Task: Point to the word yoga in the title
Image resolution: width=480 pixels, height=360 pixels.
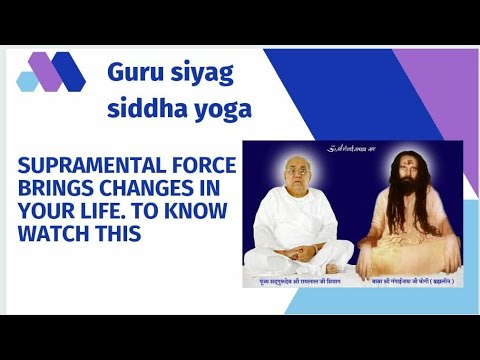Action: [225, 111]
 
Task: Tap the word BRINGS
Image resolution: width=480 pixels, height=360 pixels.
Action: [54, 188]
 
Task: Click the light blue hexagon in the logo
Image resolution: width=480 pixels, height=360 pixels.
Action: [27, 81]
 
